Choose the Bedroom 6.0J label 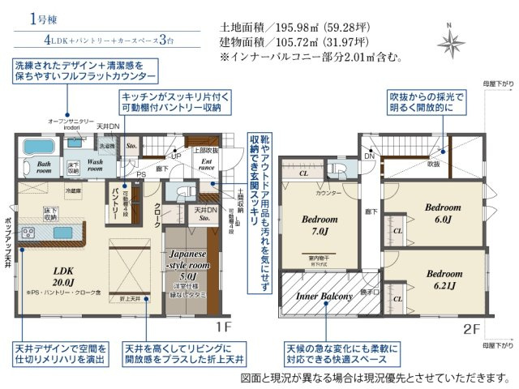click(443, 213)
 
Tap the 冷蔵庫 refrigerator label click(74, 191)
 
